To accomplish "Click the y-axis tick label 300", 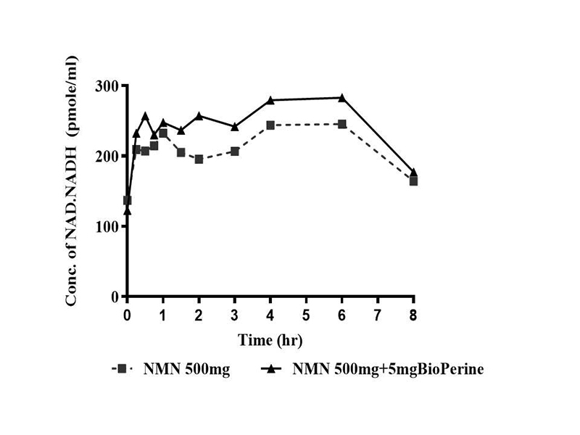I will point(107,86).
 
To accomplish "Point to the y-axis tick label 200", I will point(107,156).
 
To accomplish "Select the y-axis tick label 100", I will point(107,226).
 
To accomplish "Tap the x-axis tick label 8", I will point(413,316).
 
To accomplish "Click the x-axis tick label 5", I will point(306,316).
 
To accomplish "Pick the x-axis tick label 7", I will point(378,316).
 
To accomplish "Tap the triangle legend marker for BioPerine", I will point(271,369).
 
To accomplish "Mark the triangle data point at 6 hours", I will point(342,98).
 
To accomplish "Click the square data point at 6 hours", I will point(342,124).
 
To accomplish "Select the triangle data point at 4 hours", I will point(270,100).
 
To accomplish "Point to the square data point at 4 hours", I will point(270,125).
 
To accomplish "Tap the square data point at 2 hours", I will point(199,159).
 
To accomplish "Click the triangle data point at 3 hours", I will point(235,127).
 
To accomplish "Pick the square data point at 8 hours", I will point(413,181).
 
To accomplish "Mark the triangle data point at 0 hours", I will point(128,211).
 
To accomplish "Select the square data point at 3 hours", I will point(235,152).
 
